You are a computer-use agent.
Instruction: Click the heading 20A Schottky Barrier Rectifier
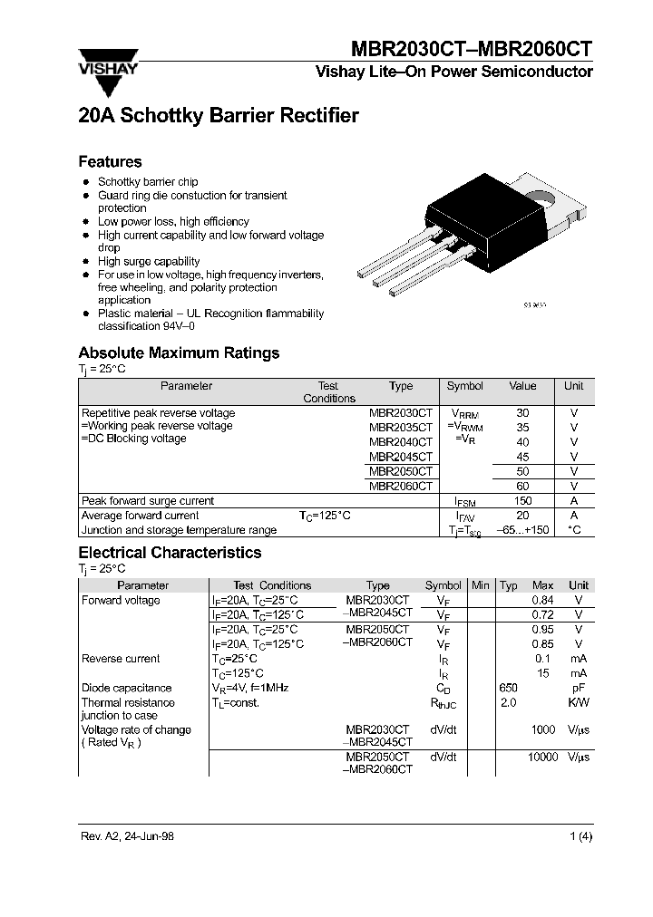pos(219,116)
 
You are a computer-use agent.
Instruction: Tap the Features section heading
pos(111,162)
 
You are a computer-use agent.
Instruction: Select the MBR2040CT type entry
pos(401,442)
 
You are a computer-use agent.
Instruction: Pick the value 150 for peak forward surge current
pos(522,501)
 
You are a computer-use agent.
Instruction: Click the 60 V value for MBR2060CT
pos(522,487)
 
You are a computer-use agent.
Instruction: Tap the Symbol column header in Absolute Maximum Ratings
pos(465,386)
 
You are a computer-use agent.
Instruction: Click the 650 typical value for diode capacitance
pos(509,688)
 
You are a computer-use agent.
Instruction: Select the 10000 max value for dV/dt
pos(542,757)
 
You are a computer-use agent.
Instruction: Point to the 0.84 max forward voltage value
pos(542,601)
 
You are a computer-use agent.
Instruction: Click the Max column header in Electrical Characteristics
pos(542,585)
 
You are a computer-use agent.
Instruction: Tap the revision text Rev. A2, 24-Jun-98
pos(127,836)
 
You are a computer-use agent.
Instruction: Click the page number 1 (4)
pos(580,836)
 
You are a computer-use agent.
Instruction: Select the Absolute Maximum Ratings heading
pos(179,353)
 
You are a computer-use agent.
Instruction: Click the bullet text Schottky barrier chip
pos(148,182)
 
